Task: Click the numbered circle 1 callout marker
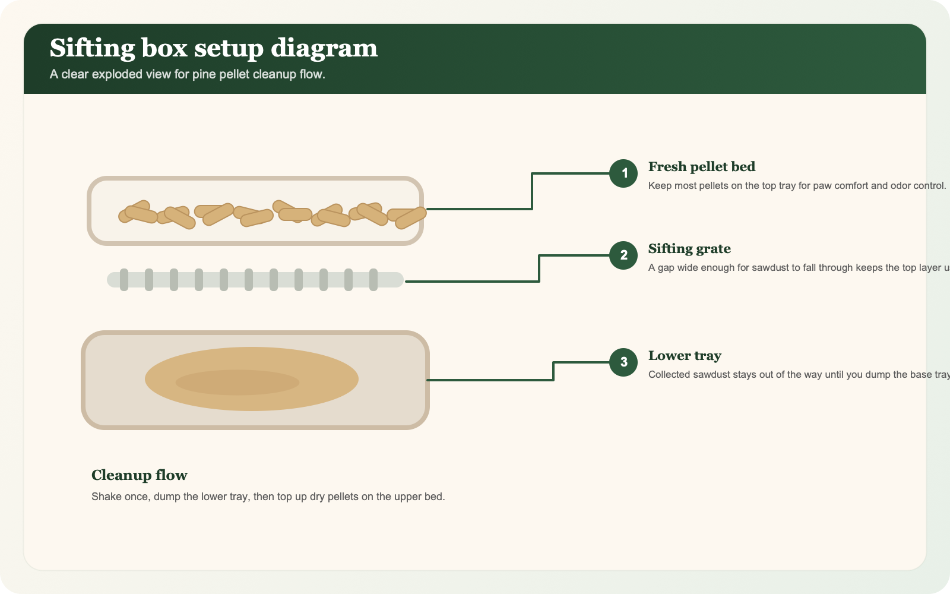623,173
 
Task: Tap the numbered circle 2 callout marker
623,255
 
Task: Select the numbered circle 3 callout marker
623,362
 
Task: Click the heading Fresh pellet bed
701,167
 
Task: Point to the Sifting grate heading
689,249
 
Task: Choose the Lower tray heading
684,356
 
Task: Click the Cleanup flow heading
139,475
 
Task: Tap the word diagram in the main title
324,48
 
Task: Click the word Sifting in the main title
92,48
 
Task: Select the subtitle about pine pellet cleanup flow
187,74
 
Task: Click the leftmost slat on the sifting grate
124,280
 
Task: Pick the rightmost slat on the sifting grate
373,280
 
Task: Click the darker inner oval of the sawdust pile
237,383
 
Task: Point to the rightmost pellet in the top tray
411,218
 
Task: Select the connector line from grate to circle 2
539,268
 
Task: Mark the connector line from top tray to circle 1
532,191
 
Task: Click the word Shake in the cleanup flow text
105,497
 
